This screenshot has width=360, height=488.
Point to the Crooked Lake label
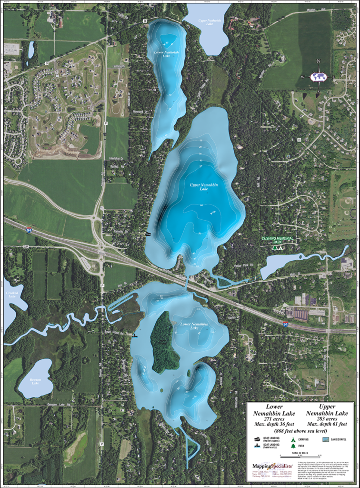[11, 294]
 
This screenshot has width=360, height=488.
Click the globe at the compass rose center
[318, 77]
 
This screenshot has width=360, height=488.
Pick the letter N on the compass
[318, 61]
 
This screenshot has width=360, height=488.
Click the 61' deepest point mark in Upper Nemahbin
[212, 212]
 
